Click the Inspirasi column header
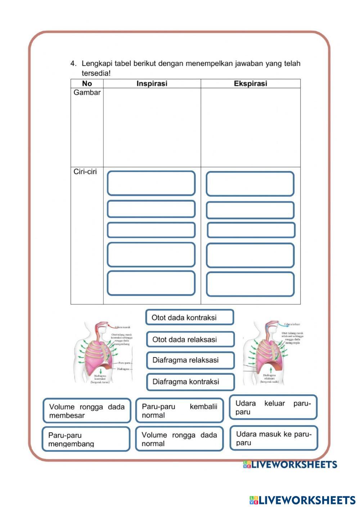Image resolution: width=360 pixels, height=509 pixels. [x=152, y=84]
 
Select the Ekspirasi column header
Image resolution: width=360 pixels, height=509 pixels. [x=251, y=84]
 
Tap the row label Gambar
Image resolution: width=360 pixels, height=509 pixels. [x=87, y=93]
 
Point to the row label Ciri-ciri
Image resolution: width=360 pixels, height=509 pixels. [x=85, y=172]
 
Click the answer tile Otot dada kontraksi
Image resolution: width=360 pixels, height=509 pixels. [x=190, y=317]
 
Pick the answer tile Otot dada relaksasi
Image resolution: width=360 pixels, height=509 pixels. [x=190, y=339]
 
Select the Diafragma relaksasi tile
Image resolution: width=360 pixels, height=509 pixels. [x=190, y=360]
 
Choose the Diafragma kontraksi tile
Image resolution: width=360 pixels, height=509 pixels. [x=190, y=382]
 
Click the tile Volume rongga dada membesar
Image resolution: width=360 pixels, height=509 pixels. [x=87, y=411]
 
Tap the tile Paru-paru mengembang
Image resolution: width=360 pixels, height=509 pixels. [x=86, y=439]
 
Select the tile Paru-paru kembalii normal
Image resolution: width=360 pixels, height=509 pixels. [x=179, y=411]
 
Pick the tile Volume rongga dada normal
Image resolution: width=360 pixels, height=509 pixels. [x=179, y=439]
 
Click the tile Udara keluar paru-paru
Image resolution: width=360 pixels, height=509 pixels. [x=273, y=407]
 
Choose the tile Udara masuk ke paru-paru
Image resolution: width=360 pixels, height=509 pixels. [x=274, y=438]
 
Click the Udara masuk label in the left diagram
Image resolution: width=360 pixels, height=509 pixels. [x=122, y=327]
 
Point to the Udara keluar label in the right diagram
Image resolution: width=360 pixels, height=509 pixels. [x=292, y=324]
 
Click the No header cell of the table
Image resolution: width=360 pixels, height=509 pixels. [x=87, y=84]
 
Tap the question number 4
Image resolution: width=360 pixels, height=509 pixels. [x=73, y=64]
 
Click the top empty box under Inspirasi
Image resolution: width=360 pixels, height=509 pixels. [x=151, y=183]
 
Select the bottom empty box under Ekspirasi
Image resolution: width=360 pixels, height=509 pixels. [x=250, y=284]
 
